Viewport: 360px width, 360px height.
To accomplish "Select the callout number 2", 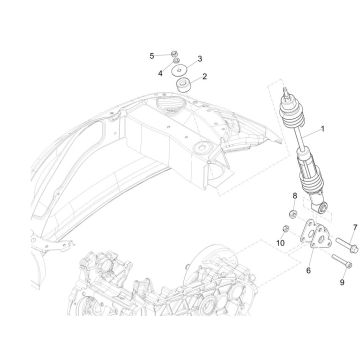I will click(x=205, y=75).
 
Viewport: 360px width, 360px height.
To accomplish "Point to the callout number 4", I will click(x=159, y=73).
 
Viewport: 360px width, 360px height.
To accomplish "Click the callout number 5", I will click(x=154, y=54).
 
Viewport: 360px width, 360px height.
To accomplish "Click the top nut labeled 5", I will click(x=173, y=54).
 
